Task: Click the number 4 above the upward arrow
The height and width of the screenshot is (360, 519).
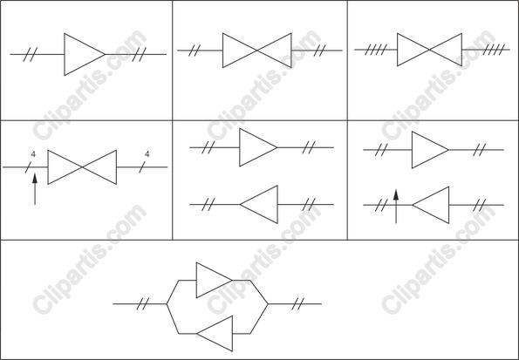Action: click(33, 154)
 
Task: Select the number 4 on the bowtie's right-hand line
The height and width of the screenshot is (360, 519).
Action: click(147, 154)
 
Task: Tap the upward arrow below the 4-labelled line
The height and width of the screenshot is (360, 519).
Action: click(35, 189)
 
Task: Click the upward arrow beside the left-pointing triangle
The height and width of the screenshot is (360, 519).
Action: click(396, 207)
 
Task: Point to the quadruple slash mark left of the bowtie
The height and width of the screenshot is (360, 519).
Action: click(376, 50)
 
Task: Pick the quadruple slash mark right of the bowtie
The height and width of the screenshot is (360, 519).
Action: click(494, 50)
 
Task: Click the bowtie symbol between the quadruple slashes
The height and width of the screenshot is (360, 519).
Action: click(429, 50)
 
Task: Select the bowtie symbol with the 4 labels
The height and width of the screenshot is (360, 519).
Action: click(82, 167)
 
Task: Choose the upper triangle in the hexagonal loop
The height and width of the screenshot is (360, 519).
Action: click(215, 281)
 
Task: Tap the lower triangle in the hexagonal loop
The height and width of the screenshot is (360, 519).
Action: click(215, 334)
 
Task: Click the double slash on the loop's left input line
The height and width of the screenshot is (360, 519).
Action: click(143, 303)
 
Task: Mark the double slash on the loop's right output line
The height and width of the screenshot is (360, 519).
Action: click(297, 303)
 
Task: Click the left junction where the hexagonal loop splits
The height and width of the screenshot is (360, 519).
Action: click(167, 303)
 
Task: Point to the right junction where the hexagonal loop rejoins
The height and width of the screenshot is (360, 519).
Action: click(268, 303)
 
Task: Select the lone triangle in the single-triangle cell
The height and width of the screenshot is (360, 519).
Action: click(85, 54)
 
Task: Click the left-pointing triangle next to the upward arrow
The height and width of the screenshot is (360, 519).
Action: click(431, 205)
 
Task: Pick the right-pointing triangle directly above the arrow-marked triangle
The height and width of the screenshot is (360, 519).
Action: click(430, 150)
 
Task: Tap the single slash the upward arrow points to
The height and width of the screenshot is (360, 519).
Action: click(29, 167)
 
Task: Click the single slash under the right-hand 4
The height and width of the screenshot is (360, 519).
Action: click(142, 167)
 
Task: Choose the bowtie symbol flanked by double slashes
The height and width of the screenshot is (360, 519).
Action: click(257, 51)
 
